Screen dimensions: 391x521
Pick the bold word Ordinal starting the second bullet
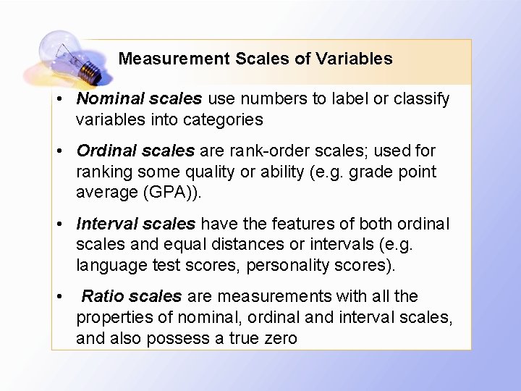pyautogui.click(x=106, y=151)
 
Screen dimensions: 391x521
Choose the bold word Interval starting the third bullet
pyautogui.click(x=106, y=224)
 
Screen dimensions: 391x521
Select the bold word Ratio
pyautogui.click(x=100, y=296)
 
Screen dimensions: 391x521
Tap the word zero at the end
pyautogui.click(x=279, y=337)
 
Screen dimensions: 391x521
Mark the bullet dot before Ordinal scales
pyautogui.click(x=63, y=151)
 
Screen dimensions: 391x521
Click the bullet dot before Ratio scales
pyautogui.click(x=63, y=297)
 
